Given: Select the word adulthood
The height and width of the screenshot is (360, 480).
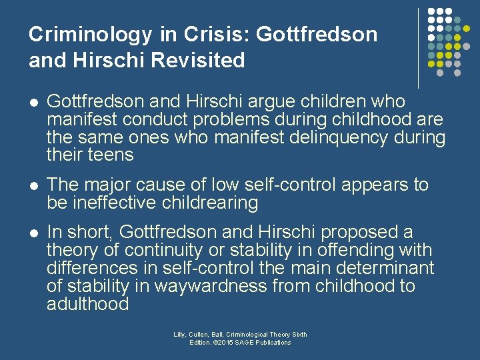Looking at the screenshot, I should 87,305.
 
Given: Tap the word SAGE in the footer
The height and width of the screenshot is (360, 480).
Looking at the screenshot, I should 249,342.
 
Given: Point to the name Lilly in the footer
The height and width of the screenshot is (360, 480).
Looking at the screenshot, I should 180,334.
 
